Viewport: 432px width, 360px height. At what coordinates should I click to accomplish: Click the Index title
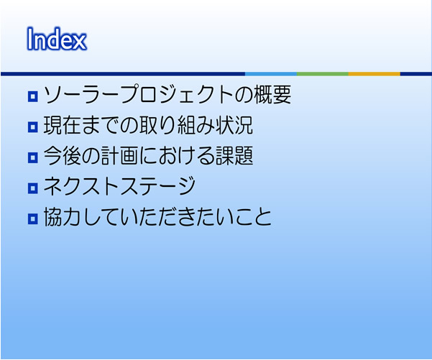[57, 39]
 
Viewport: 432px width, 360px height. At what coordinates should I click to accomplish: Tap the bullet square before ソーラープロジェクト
[33, 97]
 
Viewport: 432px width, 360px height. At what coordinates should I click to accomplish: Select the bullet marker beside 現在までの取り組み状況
[33, 127]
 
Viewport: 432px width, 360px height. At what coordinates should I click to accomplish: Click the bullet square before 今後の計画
[33, 157]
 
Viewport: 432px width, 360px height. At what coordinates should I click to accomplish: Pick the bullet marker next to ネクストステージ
[33, 188]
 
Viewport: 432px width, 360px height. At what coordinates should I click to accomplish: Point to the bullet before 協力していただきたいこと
[33, 218]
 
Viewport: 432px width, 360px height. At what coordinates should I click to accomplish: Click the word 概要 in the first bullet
[272, 94]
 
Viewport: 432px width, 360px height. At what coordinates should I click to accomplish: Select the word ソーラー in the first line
[81, 94]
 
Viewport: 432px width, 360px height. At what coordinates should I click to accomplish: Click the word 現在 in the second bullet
[63, 125]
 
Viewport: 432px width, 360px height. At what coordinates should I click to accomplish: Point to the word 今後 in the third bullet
[63, 156]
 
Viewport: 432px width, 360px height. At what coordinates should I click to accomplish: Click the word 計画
[119, 156]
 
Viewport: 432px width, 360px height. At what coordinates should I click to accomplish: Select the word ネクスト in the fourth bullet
[82, 186]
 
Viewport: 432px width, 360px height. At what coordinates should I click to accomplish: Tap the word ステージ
[158, 186]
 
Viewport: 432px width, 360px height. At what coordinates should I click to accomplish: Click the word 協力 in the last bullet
[63, 217]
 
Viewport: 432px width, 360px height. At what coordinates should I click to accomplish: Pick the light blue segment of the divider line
[271, 74]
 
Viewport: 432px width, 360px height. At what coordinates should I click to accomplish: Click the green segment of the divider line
[323, 74]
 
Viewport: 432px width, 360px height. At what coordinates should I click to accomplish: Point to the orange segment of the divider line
[374, 74]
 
